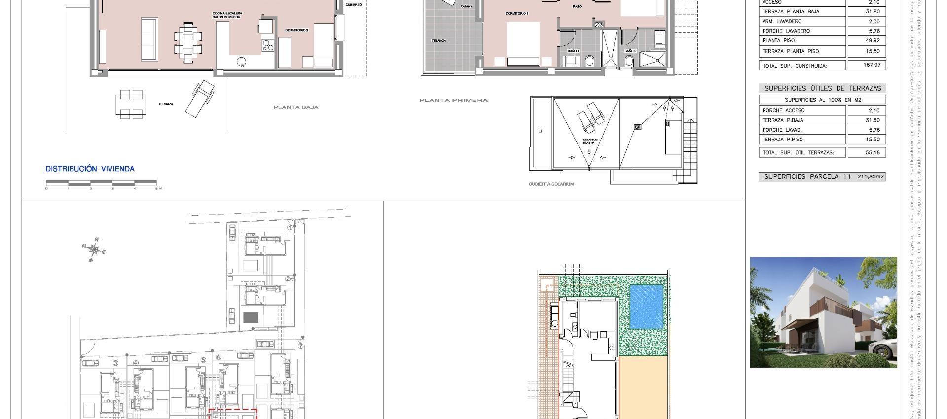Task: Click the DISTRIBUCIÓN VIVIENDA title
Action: pyautogui.click(x=90, y=169)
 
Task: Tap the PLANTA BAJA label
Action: pyautogui.click(x=296, y=107)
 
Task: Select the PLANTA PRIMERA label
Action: pyautogui.click(x=453, y=100)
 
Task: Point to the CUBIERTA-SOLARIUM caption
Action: pyautogui.click(x=551, y=184)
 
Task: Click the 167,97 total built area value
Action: pyautogui.click(x=866, y=65)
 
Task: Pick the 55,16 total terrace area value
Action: pyautogui.click(x=866, y=152)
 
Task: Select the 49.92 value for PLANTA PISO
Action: pyautogui.click(x=866, y=41)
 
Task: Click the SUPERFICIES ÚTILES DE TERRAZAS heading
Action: pyautogui.click(x=822, y=88)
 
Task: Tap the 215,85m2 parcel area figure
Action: pyautogui.click(x=871, y=176)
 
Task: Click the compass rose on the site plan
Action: pyautogui.click(x=94, y=249)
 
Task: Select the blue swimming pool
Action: pyautogui.click(x=646, y=307)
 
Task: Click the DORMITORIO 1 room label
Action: pyautogui.click(x=516, y=14)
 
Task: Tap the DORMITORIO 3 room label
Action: pyautogui.click(x=296, y=30)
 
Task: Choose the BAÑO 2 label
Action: pyautogui.click(x=630, y=51)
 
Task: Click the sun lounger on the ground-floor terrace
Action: pyautogui.click(x=200, y=98)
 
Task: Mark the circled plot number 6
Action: pyautogui.click(x=219, y=357)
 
